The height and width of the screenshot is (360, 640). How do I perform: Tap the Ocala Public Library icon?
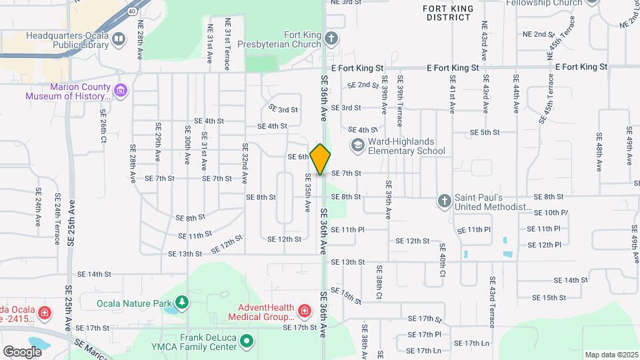pyautogui.click(x=118, y=39)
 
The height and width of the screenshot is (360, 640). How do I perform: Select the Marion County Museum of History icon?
pyautogui.click(x=120, y=90)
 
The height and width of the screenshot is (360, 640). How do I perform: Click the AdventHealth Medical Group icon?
pyautogui.click(x=304, y=311)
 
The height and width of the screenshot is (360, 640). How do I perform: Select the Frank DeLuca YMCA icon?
pyautogui.click(x=247, y=342)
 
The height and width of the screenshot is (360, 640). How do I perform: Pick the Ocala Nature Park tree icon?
pyautogui.click(x=182, y=303)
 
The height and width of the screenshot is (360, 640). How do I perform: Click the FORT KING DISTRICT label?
pyautogui.click(x=449, y=13)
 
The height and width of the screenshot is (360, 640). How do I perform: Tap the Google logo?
pyautogui.click(x=22, y=351)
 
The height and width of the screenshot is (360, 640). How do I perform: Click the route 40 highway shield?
pyautogui.click(x=132, y=11)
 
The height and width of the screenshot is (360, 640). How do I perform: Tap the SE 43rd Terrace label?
pyautogui.click(x=492, y=302)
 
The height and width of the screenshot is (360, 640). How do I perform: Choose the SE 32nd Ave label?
pyautogui.click(x=245, y=163)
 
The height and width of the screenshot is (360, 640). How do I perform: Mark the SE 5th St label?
pyautogui.click(x=485, y=133)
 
